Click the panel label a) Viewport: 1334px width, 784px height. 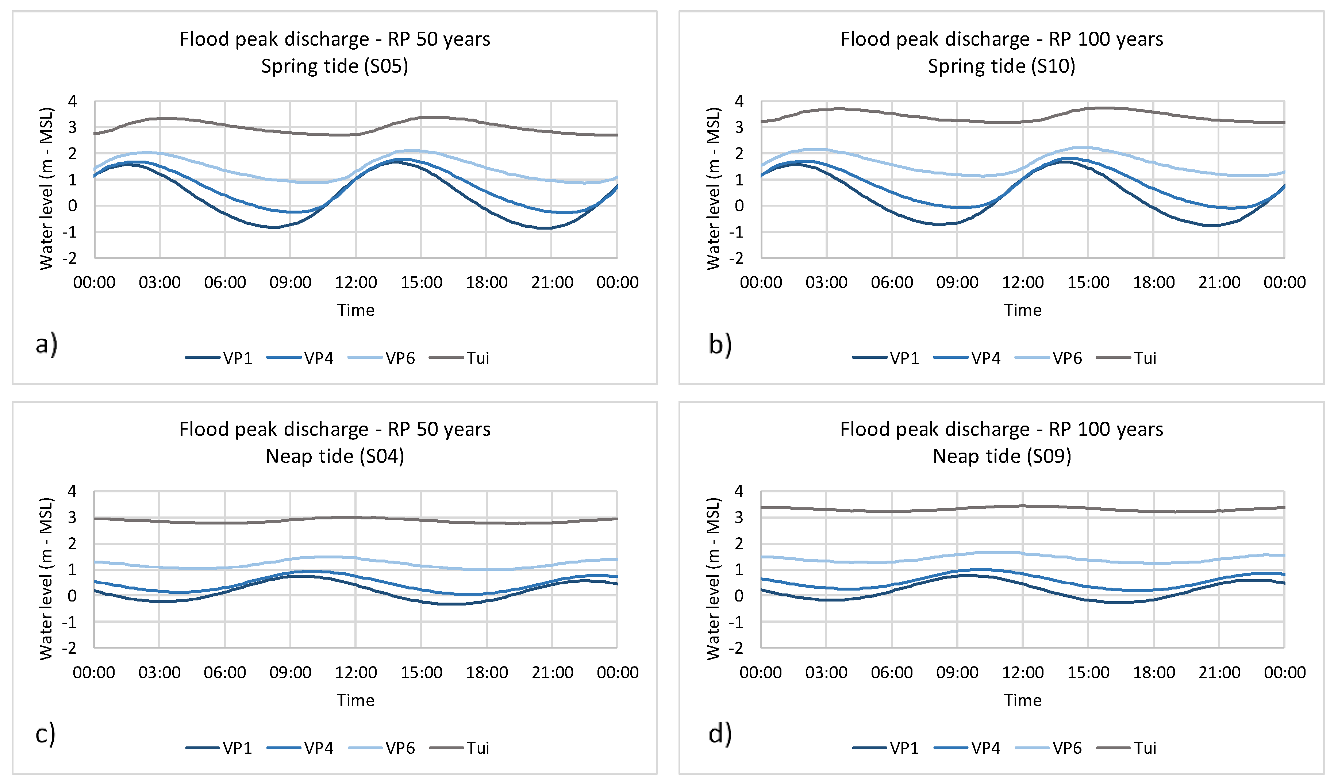(x=46, y=345)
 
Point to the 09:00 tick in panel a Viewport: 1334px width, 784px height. (x=290, y=282)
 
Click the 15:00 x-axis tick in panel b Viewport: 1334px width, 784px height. (x=1088, y=282)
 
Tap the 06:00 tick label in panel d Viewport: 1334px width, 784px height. (x=891, y=672)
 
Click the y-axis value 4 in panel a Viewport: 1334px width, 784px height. (x=72, y=101)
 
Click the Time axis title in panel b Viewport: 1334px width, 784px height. (x=1023, y=310)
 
